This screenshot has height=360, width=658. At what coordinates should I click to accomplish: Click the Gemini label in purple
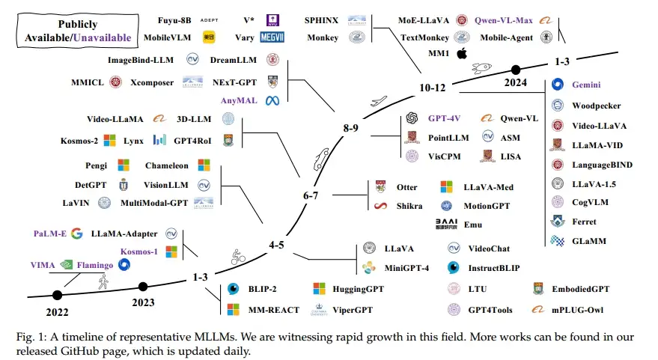(x=587, y=85)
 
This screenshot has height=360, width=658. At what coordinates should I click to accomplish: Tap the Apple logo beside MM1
(x=462, y=53)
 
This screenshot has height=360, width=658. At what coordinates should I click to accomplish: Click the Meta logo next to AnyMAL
(x=272, y=100)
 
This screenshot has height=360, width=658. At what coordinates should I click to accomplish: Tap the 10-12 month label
(x=432, y=88)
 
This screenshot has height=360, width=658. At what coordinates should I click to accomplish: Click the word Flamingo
(x=111, y=264)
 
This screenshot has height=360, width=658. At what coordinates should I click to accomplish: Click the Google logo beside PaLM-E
(x=76, y=234)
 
